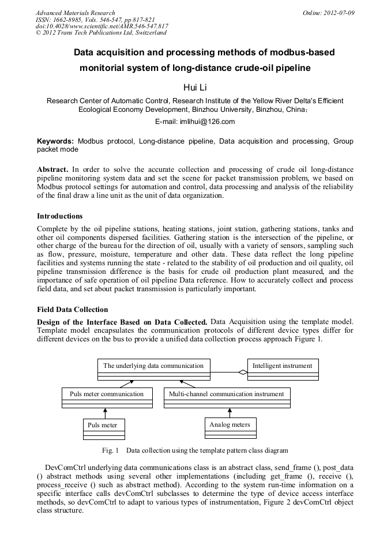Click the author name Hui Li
coord(195,87)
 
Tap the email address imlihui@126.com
coord(195,122)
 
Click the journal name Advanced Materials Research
coord(76,13)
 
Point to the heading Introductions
coord(60,216)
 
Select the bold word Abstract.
coord(53,170)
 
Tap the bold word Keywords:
coord(55,141)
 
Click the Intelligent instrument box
coord(283,370)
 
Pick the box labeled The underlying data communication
coord(153,370)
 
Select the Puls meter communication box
coord(107,397)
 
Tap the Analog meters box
coord(230,428)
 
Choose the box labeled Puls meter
coord(104,428)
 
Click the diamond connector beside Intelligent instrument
coord(243,373)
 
